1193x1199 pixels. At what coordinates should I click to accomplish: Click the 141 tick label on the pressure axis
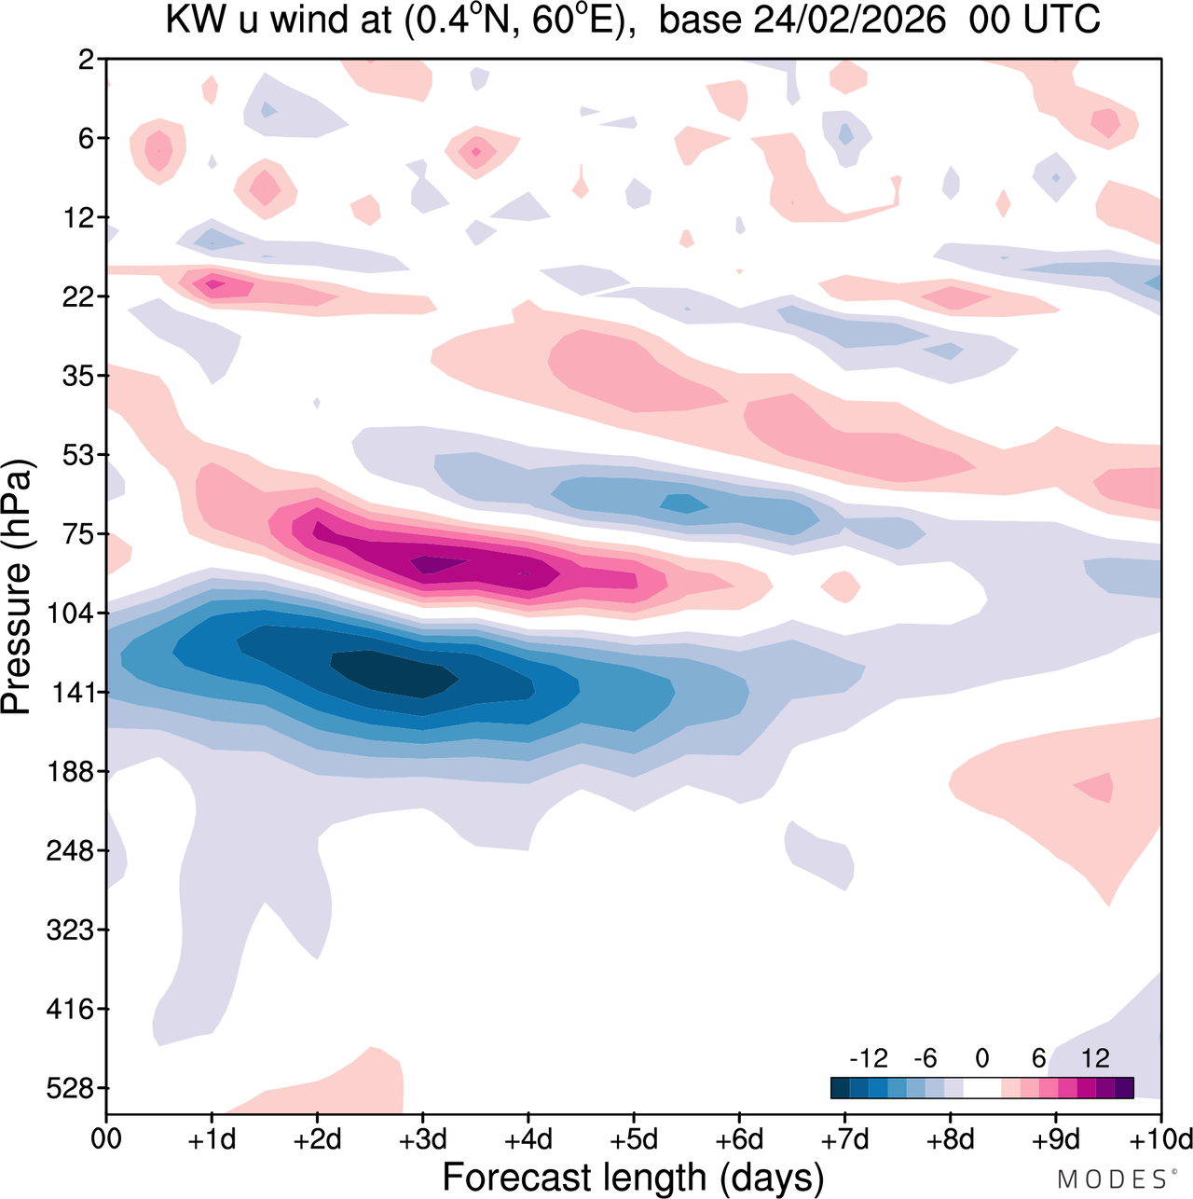75,693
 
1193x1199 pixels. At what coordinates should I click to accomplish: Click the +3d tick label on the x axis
422,1139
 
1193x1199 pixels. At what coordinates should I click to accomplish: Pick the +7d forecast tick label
844,1139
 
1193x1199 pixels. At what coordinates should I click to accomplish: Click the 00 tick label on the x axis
106,1139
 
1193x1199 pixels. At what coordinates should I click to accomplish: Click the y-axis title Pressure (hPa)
17,587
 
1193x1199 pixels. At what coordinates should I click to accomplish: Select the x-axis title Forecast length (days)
633,1178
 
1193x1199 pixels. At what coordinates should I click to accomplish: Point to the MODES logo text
1115,1179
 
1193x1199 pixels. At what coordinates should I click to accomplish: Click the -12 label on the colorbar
868,1058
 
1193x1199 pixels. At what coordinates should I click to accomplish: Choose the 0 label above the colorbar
981,1058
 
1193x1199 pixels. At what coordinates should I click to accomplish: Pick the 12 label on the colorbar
1095,1058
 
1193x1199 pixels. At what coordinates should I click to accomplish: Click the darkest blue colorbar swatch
840,1088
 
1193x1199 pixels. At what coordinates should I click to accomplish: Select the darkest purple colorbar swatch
1124,1088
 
